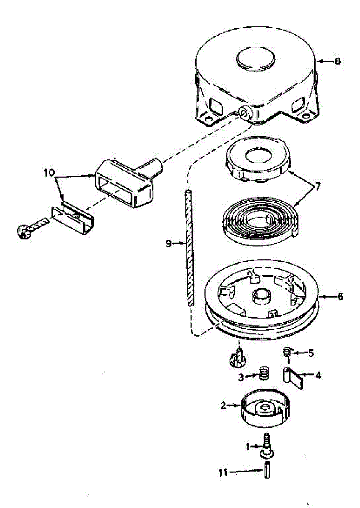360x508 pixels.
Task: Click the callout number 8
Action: (x=337, y=61)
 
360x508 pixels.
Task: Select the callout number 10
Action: (x=50, y=172)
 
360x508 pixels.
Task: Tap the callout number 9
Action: (x=168, y=243)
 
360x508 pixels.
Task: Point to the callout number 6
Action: (x=340, y=296)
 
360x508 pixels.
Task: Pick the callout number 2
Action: (x=223, y=405)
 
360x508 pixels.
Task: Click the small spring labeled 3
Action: (x=264, y=373)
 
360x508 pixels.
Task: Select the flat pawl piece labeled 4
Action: (x=293, y=378)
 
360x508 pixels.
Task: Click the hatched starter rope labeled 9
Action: (x=189, y=248)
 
